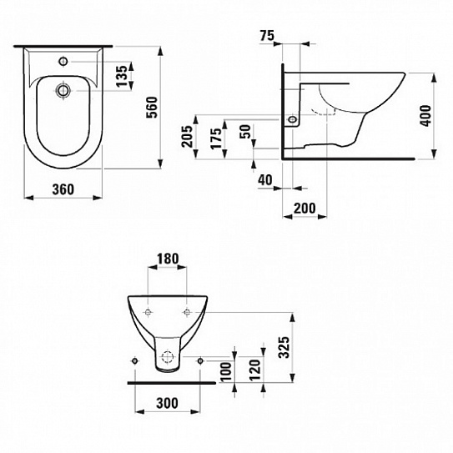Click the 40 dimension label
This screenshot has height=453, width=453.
coord(265,179)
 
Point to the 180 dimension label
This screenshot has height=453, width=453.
coord(167,259)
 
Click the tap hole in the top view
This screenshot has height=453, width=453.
coord(63,62)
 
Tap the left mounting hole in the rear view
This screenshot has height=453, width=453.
coord(147,313)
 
